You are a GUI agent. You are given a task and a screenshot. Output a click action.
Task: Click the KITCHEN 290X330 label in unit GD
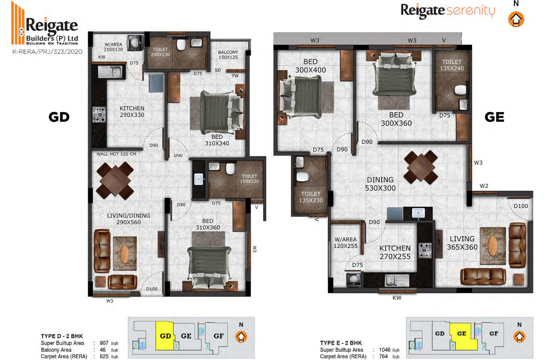coord(132,111)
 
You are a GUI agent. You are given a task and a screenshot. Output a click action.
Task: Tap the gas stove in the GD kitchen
coord(99,114)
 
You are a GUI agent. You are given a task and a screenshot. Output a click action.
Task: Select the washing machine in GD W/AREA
coord(135,42)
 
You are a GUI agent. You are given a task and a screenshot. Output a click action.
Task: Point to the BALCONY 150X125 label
coord(228,54)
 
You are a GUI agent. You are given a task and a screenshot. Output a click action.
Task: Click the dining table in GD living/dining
coord(115,180)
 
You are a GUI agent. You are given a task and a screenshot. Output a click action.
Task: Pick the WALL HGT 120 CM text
coord(116,154)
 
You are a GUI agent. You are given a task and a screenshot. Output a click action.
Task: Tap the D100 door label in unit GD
coord(152,289)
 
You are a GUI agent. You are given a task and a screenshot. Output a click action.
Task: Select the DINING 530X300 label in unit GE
coord(380,184)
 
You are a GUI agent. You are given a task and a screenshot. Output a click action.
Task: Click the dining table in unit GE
coord(421,167)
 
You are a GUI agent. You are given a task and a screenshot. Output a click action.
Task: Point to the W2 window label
coord(484,186)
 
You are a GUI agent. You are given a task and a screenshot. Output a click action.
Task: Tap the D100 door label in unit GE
coord(521,206)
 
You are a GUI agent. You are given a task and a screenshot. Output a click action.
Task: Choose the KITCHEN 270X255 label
coord(395,252)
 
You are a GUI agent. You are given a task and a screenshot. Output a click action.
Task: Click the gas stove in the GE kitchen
coord(425,251)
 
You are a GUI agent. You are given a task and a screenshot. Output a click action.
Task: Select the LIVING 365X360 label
coord(462,243)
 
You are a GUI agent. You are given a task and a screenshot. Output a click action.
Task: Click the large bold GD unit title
coord(59,117)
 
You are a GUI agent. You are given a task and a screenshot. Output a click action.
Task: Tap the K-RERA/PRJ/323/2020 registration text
coord(47,52)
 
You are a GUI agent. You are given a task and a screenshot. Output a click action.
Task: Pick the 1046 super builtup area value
coord(384,349)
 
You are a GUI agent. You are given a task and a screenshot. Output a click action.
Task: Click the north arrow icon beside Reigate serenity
coord(516,19)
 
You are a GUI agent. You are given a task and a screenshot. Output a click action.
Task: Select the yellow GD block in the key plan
coord(165,336)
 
